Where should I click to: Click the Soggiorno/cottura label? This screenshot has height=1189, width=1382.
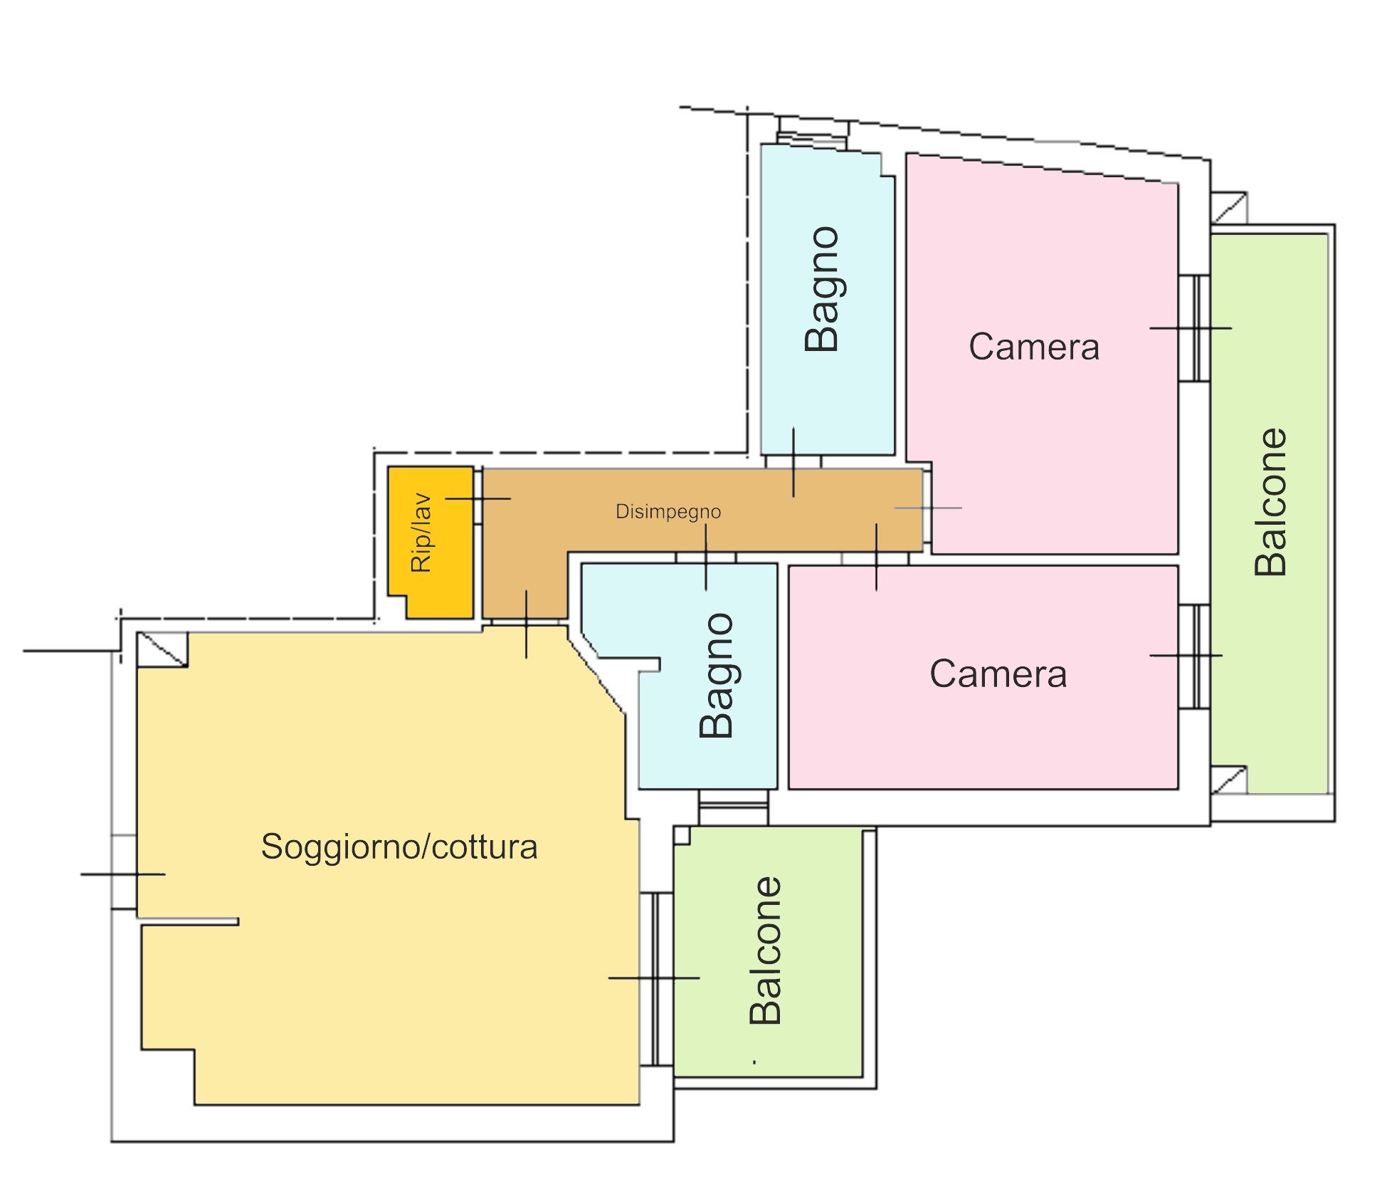(399, 847)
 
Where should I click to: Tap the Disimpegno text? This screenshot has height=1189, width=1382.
(668, 511)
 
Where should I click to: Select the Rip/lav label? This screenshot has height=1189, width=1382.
(421, 533)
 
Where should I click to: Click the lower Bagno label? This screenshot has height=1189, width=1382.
(717, 675)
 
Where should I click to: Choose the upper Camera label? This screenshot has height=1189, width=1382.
(1033, 347)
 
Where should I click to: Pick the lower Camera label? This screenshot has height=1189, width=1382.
(998, 674)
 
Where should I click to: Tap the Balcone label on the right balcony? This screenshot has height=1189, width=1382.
(1271, 501)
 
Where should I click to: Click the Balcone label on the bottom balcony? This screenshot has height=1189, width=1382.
(766, 950)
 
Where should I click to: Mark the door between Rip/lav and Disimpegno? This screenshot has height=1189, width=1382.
(478, 498)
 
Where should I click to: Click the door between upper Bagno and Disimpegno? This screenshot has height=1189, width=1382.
(793, 461)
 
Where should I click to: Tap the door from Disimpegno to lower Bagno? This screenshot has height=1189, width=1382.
(705, 557)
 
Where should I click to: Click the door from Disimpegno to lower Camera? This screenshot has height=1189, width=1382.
(875, 559)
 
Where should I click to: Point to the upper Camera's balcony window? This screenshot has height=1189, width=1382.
(1195, 328)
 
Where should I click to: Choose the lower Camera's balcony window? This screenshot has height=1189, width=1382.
(1195, 656)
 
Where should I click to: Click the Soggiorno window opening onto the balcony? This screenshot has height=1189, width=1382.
(656, 978)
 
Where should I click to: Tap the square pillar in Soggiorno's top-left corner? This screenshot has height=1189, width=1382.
(162, 649)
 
